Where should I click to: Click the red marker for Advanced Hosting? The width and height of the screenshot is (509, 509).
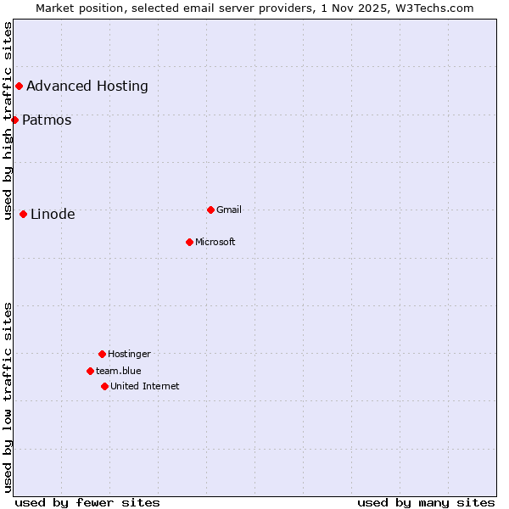[x=19, y=86]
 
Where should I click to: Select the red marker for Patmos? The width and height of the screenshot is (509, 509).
[x=14, y=120]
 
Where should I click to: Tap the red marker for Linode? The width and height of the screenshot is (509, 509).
[x=23, y=214]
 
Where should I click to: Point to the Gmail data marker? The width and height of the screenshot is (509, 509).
[x=210, y=210]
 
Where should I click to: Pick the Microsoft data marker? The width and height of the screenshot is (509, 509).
[x=189, y=242]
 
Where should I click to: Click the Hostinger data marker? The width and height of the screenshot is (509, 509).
[x=102, y=354]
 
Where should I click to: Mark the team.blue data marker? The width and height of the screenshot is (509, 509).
[x=90, y=371]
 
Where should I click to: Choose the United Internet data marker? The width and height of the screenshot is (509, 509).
[x=104, y=386]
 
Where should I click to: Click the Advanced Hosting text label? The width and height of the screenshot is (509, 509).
[x=87, y=86]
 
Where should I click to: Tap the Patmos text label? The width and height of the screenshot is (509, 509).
[x=47, y=120]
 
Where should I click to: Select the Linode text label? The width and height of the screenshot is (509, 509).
[x=53, y=214]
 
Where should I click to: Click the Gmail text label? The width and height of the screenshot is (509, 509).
[x=229, y=210]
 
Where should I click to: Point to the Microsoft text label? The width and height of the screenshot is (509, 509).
[x=215, y=242]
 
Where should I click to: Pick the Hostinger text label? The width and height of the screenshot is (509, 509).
[x=129, y=354]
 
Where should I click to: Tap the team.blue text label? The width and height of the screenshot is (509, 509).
[x=119, y=371]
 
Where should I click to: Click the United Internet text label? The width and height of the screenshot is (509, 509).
[x=145, y=386]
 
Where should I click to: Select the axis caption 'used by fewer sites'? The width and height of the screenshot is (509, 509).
[x=87, y=502]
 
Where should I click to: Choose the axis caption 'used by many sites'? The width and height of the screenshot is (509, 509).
[x=426, y=502]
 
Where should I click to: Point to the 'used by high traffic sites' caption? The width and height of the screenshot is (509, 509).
[x=8, y=120]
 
